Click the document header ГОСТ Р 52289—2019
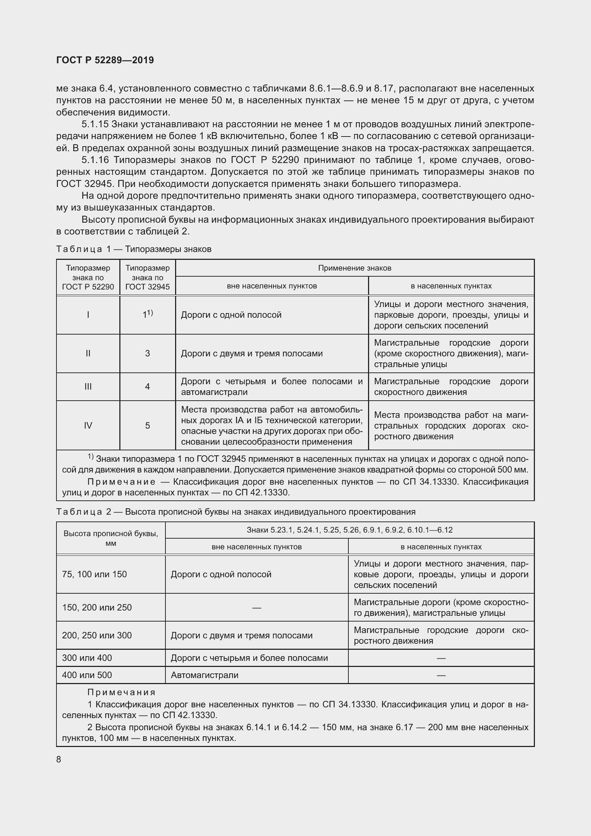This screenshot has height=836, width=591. [105, 60]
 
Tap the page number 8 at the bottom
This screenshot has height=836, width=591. [59, 759]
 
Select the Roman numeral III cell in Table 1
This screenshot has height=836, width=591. [88, 387]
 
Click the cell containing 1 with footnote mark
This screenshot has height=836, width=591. [147, 315]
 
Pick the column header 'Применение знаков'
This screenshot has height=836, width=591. [354, 268]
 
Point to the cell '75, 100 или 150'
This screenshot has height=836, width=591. [95, 574]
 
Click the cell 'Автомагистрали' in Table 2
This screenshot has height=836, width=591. [204, 675]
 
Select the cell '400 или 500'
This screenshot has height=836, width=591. [87, 675]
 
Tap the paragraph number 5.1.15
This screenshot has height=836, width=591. [95, 124]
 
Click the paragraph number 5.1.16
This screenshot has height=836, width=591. [95, 160]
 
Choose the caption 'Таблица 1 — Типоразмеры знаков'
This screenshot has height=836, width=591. [134, 249]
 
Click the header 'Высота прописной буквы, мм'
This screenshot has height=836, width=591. [111, 538]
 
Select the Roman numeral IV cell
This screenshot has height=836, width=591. [88, 425]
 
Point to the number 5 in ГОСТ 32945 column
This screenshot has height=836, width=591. [147, 425]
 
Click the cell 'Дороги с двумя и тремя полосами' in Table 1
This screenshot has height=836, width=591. [252, 353]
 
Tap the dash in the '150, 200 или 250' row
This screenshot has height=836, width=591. [257, 607]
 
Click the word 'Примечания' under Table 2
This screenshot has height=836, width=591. [121, 692]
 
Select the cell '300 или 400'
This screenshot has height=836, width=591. [87, 658]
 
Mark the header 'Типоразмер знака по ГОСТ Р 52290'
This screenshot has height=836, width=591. [88, 277]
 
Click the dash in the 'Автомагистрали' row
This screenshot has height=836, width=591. [441, 675]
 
